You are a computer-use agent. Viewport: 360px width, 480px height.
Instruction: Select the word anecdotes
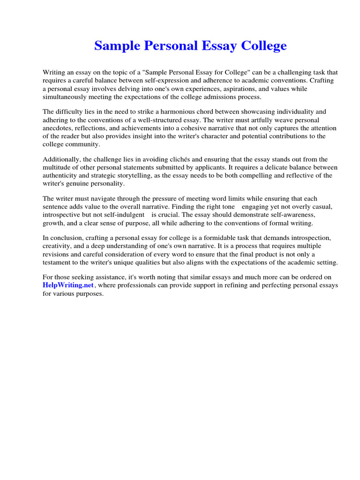coord(59,128)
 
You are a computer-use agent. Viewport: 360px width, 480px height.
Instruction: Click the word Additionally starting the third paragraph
coord(61,159)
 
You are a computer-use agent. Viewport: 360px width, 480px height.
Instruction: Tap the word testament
coord(59,262)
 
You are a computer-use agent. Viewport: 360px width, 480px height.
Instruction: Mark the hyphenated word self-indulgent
coord(120,215)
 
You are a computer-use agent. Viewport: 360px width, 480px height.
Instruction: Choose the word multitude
coord(57,167)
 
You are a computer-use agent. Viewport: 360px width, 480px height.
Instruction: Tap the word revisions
coord(56,255)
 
